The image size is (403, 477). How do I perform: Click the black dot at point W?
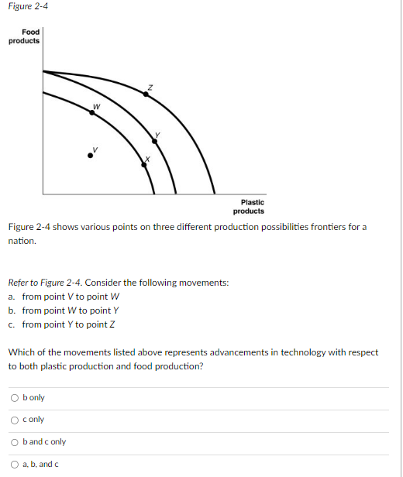tap(92, 112)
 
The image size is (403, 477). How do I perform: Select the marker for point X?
tap(142, 163)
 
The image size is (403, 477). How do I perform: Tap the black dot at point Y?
tap(152, 141)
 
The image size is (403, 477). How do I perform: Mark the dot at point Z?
tap(145, 93)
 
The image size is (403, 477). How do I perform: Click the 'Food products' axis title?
tap(24, 36)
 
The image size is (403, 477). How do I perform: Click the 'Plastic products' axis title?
tap(248, 207)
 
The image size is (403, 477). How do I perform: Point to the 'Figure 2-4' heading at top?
tap(26, 6)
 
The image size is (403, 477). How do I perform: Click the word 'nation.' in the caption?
tap(22, 241)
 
